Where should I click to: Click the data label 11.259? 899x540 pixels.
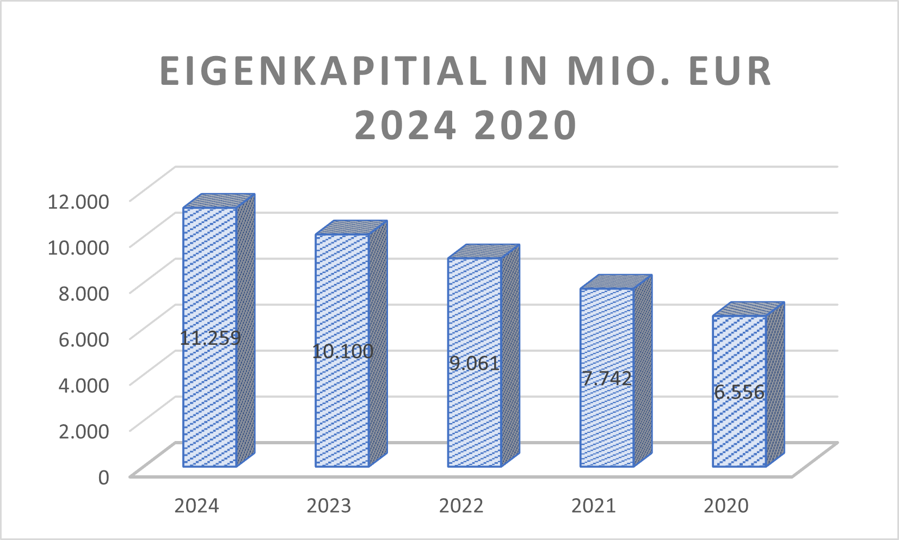point(210,338)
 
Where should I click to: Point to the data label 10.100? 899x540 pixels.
point(342,351)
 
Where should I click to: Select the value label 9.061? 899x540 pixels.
point(475,363)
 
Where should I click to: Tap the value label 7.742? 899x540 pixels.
point(607,378)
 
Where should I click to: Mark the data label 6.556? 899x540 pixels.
point(740,392)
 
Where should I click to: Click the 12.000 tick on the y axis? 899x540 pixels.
point(79,201)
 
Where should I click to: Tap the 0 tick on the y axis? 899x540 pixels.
point(103,477)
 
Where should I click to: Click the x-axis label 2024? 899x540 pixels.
point(196,506)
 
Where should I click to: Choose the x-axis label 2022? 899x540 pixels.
point(461,506)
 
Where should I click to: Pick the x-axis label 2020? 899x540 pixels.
point(726,506)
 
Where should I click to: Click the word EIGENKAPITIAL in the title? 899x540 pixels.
point(323,71)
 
